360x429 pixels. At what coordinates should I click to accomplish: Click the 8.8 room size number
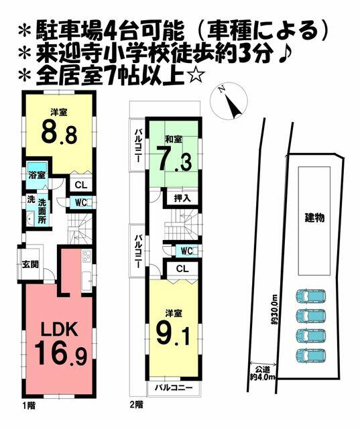click(59, 133)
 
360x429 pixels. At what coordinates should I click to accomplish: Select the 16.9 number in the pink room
click(61, 354)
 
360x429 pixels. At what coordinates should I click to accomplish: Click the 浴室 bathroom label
click(37, 176)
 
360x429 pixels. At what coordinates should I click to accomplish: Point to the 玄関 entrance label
click(30, 265)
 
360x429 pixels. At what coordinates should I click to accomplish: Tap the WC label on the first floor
click(80, 203)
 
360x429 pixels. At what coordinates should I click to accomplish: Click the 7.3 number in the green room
click(174, 161)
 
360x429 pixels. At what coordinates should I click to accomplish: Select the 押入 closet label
click(182, 198)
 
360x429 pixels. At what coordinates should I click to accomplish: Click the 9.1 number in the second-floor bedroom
click(173, 333)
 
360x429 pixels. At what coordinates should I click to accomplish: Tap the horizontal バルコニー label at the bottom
click(174, 387)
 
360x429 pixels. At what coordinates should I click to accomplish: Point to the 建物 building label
click(315, 219)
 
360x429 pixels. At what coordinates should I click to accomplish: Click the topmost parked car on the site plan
click(311, 297)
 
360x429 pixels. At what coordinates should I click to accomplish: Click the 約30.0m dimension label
click(274, 310)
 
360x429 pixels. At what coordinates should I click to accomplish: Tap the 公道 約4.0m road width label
click(263, 373)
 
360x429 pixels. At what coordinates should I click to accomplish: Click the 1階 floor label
click(28, 405)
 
